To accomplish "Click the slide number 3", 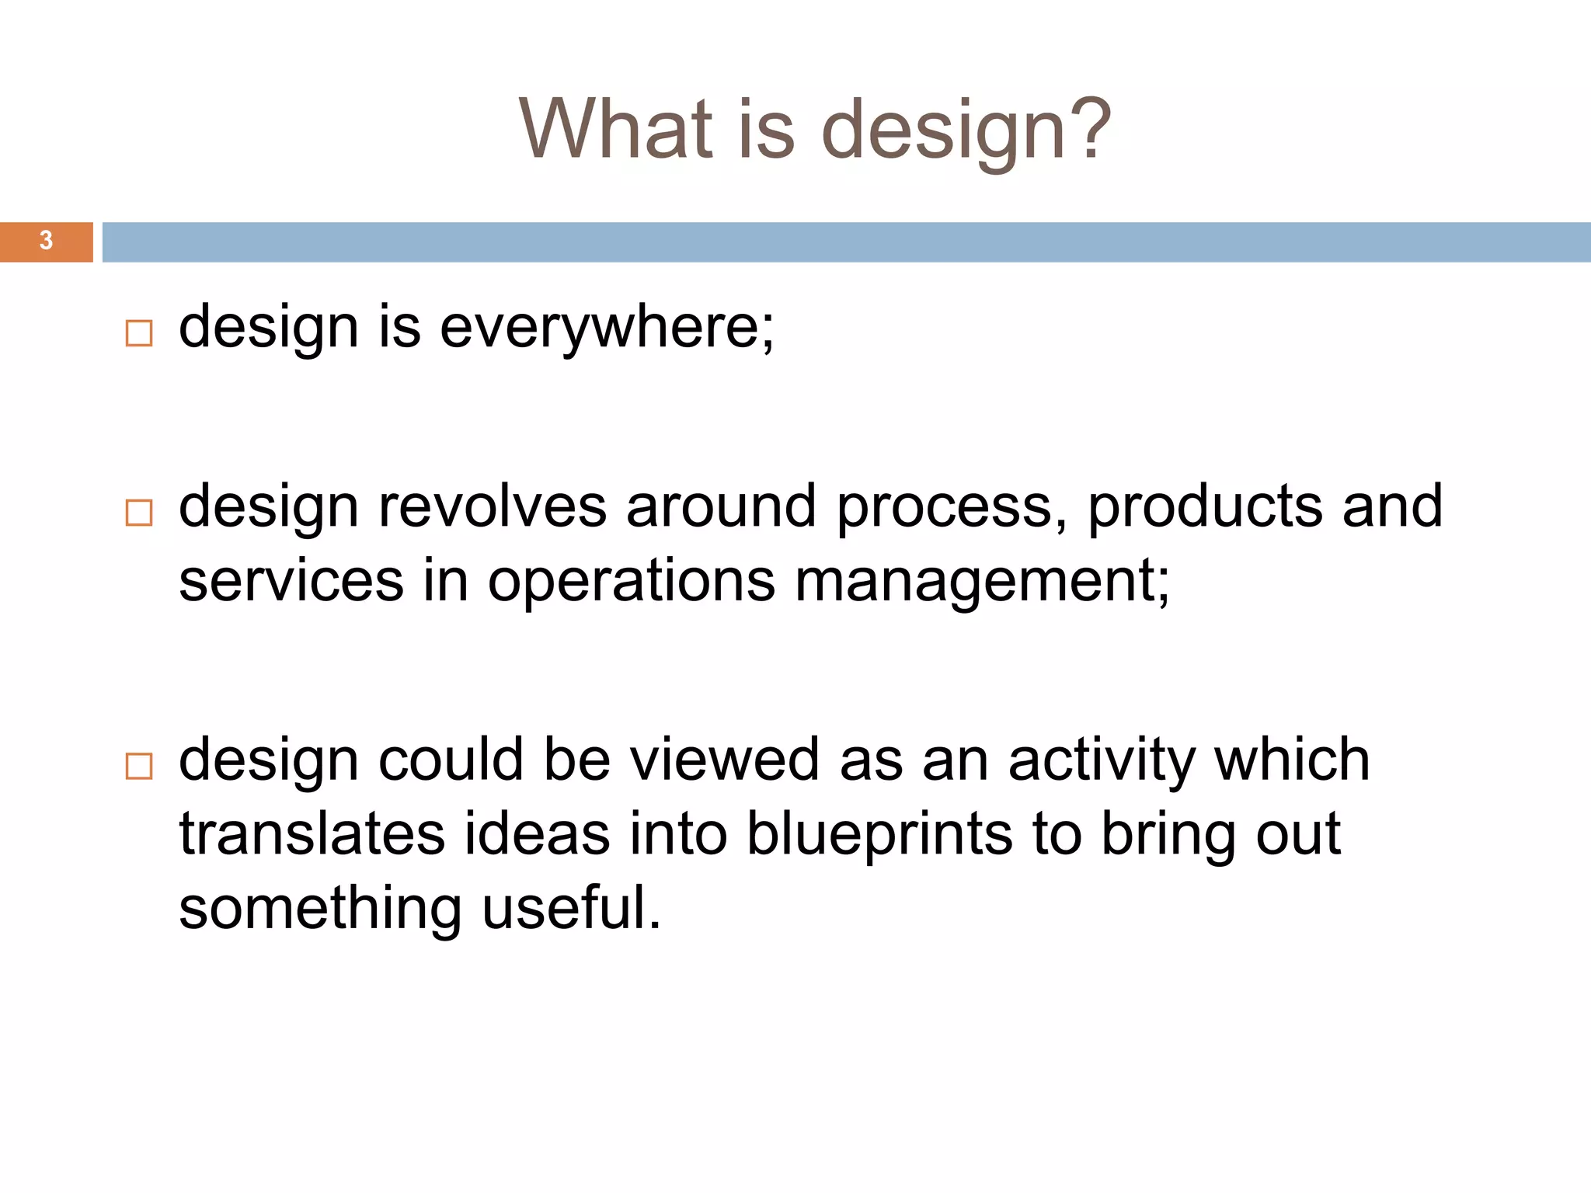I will (46, 242).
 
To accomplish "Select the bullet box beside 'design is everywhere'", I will (139, 334).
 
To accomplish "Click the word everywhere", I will (606, 328).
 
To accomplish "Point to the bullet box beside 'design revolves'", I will (139, 513).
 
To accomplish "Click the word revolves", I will (492, 506).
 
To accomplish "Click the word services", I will (291, 581).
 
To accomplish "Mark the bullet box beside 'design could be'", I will (139, 767).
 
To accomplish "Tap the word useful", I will (571, 907).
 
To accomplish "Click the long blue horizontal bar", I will (846, 242).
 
